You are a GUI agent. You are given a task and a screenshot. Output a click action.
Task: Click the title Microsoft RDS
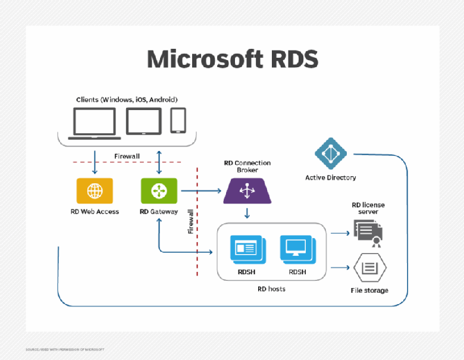(x=232, y=60)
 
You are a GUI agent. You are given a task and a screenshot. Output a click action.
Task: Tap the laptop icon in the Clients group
(x=93, y=123)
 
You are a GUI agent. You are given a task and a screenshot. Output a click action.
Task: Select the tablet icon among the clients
(x=143, y=121)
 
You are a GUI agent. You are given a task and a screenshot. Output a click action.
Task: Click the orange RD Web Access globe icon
(x=94, y=190)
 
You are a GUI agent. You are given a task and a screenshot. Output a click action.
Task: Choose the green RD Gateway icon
(x=158, y=190)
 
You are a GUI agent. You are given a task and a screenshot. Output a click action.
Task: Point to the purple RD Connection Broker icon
(x=246, y=192)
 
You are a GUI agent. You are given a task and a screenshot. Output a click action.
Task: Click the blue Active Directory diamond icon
(x=330, y=154)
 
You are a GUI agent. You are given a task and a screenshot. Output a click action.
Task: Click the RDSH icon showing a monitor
(x=298, y=248)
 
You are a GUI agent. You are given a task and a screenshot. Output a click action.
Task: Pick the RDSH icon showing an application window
(x=247, y=248)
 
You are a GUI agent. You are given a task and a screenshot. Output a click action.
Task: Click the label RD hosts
(x=271, y=289)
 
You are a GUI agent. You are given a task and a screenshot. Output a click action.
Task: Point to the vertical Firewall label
(x=190, y=221)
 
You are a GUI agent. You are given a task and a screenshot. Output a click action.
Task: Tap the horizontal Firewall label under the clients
(x=127, y=156)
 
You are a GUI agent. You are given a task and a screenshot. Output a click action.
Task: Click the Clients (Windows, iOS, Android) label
(x=127, y=99)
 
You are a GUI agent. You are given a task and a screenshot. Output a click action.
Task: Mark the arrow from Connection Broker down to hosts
(x=246, y=212)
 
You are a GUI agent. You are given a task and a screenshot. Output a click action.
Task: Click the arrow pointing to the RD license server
(x=340, y=233)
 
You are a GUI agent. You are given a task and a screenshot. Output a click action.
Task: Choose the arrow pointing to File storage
(x=340, y=268)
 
